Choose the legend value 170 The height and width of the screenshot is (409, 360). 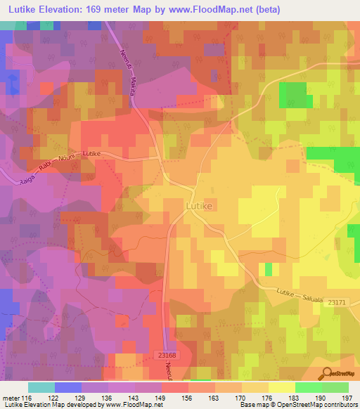pyautogui.click(x=241, y=398)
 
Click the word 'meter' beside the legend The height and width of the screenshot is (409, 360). pyautogui.click(x=10, y=398)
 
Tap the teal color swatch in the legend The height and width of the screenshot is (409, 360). pyautogui.click(x=41, y=387)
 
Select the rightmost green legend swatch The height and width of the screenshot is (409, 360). pyautogui.click(x=335, y=387)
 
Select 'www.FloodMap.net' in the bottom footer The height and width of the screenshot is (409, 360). pyautogui.click(x=130, y=405)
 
